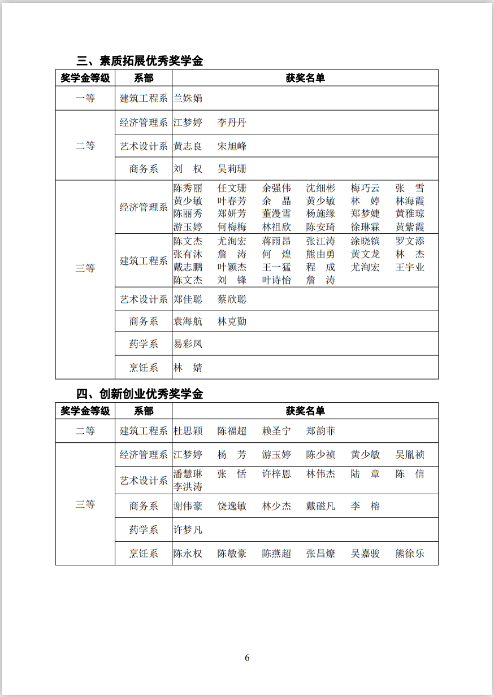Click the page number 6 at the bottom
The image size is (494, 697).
pos(247,657)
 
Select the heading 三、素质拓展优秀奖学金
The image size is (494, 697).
pos(140,61)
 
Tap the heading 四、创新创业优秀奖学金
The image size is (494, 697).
pos(140,394)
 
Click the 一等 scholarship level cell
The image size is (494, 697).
pos(85,98)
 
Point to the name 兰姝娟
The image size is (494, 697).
pos(188,98)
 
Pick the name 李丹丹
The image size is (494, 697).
pos(232,123)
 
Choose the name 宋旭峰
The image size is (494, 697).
pos(232,146)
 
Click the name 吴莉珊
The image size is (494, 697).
pos(232,169)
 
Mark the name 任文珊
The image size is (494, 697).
pos(232,188)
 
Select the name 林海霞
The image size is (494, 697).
pos(410,201)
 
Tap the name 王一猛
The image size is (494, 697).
pos(276,267)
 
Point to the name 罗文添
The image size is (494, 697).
pos(410,241)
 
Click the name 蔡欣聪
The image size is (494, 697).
pos(232,299)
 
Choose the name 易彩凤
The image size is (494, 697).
pos(188,344)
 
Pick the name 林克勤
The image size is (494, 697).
pos(232,321)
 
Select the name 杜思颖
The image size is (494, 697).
pos(188,431)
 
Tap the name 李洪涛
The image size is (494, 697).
pos(188,487)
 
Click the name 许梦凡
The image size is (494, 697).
pos(188,530)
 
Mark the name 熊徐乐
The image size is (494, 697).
pos(410,554)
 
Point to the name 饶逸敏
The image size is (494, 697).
pos(232,506)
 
